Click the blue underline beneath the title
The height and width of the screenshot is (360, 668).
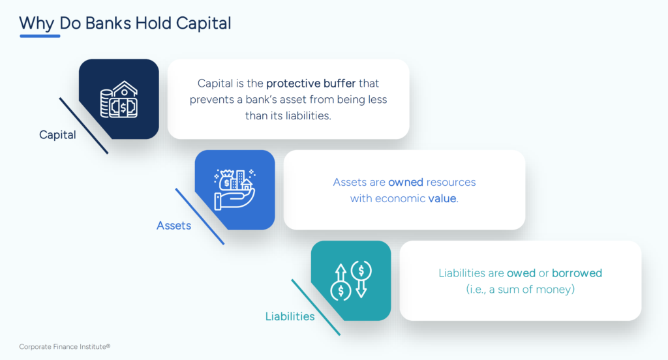pos(40,36)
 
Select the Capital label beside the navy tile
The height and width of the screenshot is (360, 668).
pos(57,136)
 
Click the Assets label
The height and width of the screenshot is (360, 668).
pos(174,226)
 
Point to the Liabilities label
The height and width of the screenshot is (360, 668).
pos(290,317)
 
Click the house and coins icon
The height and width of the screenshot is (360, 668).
pos(119,99)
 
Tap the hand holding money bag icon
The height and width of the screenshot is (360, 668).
pos(235,190)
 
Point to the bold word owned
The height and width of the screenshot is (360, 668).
pos(404,183)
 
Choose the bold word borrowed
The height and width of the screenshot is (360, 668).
pos(577,273)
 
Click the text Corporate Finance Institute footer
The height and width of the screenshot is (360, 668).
pos(60,347)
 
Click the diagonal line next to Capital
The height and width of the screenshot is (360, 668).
pos(83,126)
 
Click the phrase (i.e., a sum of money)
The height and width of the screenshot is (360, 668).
pos(520,289)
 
